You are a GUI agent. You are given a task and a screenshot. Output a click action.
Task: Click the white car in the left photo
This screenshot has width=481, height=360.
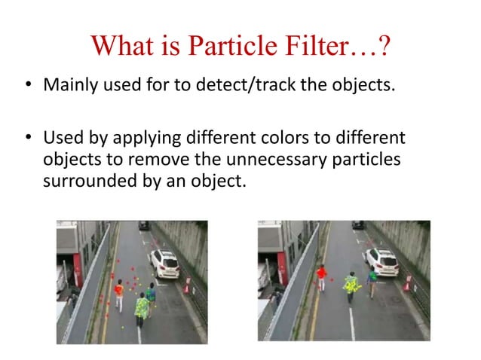click(x=164, y=263)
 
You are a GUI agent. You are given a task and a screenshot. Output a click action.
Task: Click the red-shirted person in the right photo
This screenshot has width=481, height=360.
click(x=322, y=276)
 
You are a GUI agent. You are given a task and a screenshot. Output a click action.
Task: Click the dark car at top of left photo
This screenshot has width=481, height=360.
click(x=143, y=224)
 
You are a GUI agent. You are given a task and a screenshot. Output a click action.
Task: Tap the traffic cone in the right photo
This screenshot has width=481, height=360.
click(x=407, y=284)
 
